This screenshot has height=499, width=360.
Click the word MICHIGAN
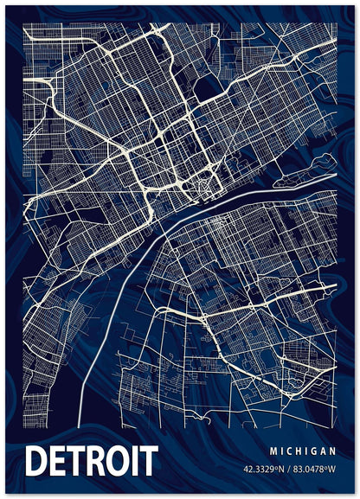[x=302, y=451]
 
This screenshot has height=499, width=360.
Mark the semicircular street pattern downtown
[x=206, y=184]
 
